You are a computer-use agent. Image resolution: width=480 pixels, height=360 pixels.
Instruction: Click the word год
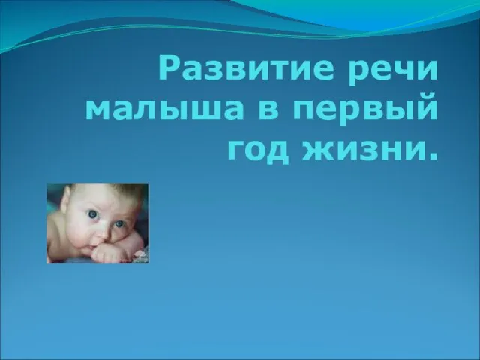tap(258, 151)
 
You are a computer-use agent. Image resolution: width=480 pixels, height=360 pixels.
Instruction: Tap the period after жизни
tap(431, 157)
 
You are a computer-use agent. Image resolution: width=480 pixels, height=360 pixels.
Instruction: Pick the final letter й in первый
tap(426, 105)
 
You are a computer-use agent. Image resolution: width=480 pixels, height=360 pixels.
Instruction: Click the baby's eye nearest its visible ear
tap(92, 214)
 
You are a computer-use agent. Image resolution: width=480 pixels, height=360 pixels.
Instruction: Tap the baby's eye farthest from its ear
tap(119, 223)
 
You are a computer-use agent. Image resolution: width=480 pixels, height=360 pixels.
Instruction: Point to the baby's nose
tap(103, 234)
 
